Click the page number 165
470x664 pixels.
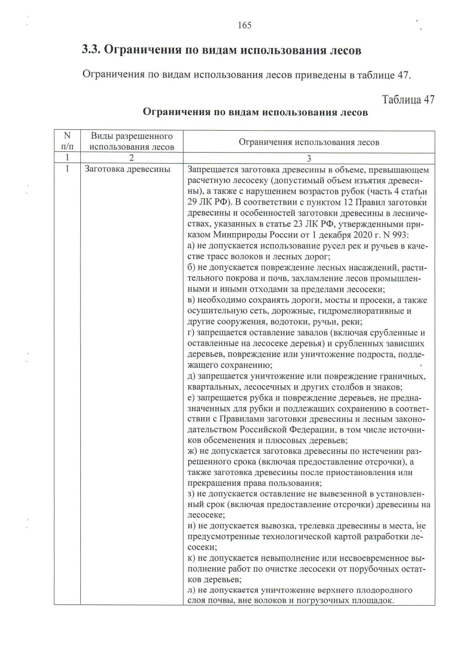pyautogui.click(x=244, y=26)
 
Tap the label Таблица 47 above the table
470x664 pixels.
pyautogui.click(x=408, y=99)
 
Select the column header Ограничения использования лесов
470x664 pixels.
pyautogui.click(x=309, y=142)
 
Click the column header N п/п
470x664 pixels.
pyautogui.click(x=67, y=141)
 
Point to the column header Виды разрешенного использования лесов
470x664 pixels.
pyautogui.click(x=132, y=141)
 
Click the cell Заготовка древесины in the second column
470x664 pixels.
pyautogui.click(x=128, y=169)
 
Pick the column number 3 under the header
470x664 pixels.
pyautogui.click(x=309, y=158)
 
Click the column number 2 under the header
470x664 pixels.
pyautogui.click(x=132, y=158)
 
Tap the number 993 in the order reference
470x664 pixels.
pyautogui.click(x=399, y=235)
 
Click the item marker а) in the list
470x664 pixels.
pyautogui.click(x=191, y=246)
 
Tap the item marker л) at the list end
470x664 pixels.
pyautogui.click(x=192, y=590)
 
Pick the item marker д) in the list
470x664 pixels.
pyautogui.click(x=192, y=376)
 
